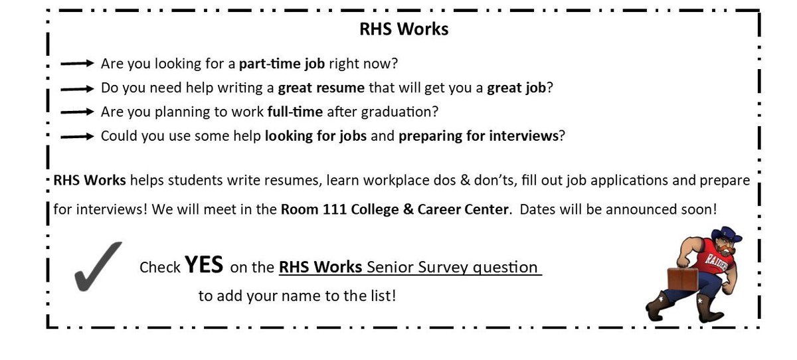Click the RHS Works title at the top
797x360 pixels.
click(x=404, y=30)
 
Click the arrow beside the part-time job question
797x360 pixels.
click(x=78, y=64)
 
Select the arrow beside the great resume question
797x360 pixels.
click(x=78, y=88)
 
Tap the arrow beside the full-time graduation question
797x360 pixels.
click(x=78, y=112)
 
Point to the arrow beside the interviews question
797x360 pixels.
click(x=78, y=136)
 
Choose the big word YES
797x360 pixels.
click(x=205, y=265)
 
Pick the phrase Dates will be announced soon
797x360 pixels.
click(x=618, y=209)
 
